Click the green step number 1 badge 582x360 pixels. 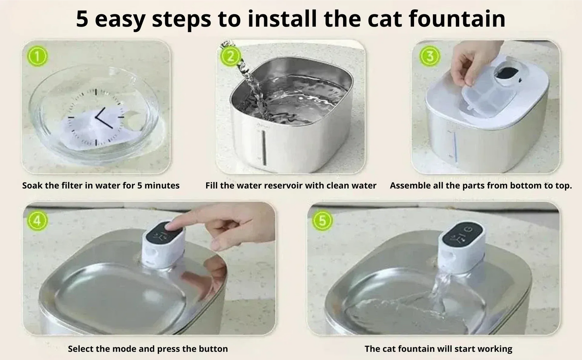point(37,56)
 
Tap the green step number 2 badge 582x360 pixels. point(230,56)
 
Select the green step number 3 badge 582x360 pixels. point(430,56)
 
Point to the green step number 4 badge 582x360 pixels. point(37,221)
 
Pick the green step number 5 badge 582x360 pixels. point(322,221)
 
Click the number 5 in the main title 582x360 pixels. point(82,19)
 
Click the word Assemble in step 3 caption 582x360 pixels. point(408,186)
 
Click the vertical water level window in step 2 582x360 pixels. point(264,147)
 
